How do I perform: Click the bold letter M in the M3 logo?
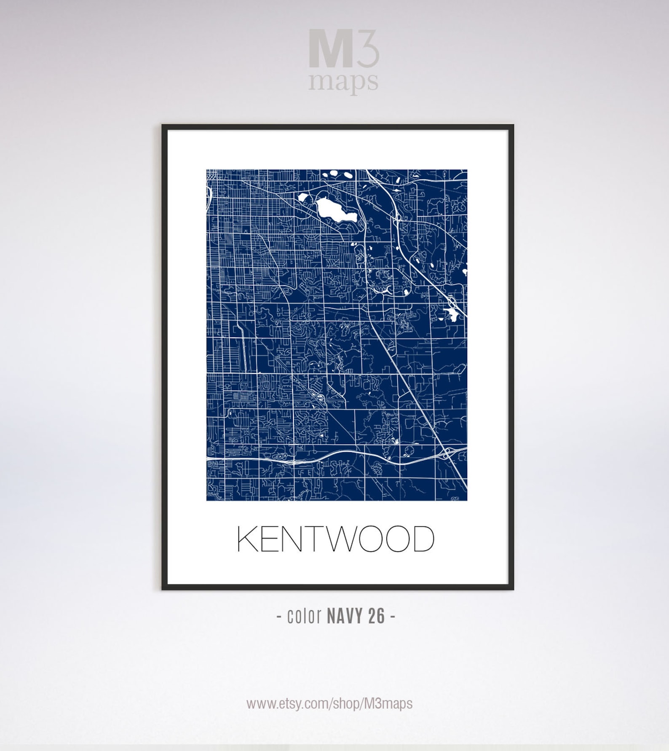(x=330, y=48)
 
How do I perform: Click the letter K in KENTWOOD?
(x=247, y=539)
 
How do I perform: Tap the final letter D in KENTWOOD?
(x=423, y=539)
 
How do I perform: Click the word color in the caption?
(x=304, y=617)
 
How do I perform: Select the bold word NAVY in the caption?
(x=345, y=617)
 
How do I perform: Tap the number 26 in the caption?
(x=376, y=617)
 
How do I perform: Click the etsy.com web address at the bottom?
(x=329, y=703)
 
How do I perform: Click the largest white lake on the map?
(x=336, y=209)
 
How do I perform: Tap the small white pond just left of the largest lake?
(x=303, y=197)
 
